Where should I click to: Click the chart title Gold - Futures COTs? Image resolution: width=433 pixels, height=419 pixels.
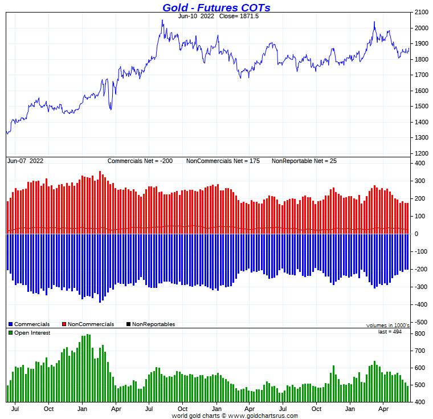(x=216, y=7)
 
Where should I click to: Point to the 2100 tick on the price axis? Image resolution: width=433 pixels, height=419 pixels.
(x=422, y=12)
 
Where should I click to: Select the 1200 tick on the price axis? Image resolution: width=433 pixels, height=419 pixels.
(x=422, y=153)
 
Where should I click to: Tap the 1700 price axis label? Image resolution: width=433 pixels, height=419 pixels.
(x=422, y=75)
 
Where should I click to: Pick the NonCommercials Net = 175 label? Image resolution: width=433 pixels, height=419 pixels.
(x=223, y=161)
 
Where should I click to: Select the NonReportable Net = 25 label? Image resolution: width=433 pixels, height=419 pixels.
(x=304, y=161)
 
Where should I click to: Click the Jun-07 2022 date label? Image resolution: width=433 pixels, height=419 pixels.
(x=26, y=161)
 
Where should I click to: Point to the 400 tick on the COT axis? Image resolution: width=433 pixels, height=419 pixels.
(x=419, y=164)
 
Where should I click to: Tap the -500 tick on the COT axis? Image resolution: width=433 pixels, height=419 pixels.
(x=419, y=322)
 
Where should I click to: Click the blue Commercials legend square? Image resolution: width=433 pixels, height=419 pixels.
(x=10, y=324)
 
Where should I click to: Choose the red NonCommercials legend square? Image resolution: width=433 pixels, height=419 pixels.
(x=64, y=324)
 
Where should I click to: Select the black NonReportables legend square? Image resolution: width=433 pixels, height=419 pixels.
(x=128, y=324)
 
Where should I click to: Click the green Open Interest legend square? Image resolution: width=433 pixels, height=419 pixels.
(x=10, y=332)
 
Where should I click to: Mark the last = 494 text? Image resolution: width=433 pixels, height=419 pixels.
(x=390, y=331)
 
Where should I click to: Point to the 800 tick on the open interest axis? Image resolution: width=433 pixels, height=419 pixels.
(x=419, y=334)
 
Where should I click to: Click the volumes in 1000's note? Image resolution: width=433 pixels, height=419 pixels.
(x=387, y=325)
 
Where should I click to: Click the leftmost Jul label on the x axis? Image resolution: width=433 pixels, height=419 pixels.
(x=15, y=408)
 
